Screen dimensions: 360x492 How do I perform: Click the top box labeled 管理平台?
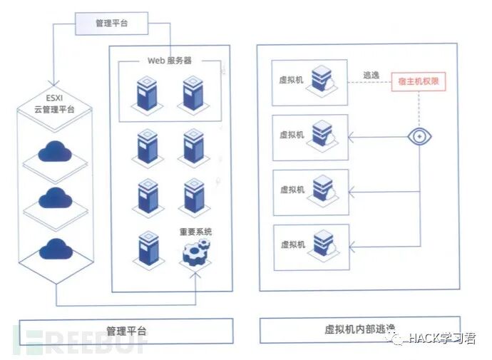pyautogui.click(x=111, y=23)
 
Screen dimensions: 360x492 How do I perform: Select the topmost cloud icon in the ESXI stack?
pyautogui.click(x=54, y=150)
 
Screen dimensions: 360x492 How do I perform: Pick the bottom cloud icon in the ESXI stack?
pyautogui.click(x=54, y=249)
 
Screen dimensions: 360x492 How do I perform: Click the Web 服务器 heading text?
pyautogui.click(x=170, y=61)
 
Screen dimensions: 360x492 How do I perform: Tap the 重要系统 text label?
pyautogui.click(x=195, y=232)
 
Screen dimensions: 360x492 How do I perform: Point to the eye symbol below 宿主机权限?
pyautogui.click(x=419, y=135)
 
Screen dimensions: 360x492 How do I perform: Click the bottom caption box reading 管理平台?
pyautogui.click(x=125, y=331)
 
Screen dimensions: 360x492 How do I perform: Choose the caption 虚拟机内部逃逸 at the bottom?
pyautogui.click(x=359, y=329)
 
